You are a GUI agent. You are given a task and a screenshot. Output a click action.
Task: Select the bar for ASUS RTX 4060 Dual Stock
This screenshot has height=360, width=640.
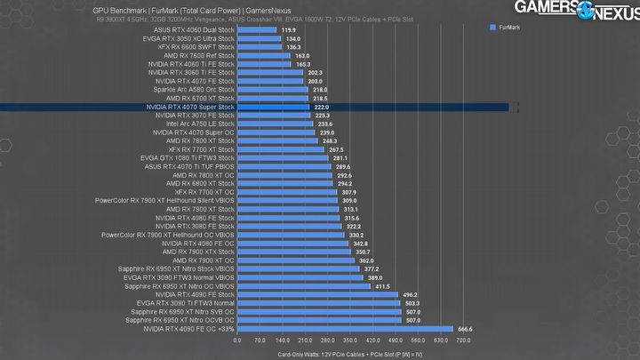tap(257, 30)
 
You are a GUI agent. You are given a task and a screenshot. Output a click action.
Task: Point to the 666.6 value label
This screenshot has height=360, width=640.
tap(466, 329)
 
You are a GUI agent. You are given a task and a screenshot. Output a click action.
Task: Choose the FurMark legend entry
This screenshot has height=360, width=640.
tap(508, 29)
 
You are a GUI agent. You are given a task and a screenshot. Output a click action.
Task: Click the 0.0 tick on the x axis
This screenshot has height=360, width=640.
tap(236, 340)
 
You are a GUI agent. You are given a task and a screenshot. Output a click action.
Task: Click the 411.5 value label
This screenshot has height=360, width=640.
tap(383, 286)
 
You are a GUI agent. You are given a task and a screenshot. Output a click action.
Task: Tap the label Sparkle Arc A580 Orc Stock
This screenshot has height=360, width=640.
tap(194, 90)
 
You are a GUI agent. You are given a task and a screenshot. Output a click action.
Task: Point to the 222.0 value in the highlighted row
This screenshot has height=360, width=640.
tap(321, 107)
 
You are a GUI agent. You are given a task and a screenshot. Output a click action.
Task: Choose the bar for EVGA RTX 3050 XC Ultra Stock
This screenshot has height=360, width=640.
tap(258, 39)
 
